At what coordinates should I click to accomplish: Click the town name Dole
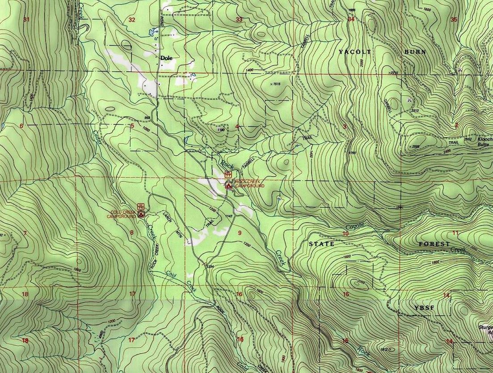click(167, 58)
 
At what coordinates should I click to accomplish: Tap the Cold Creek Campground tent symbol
click(141, 214)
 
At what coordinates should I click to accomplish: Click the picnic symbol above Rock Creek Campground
click(228, 174)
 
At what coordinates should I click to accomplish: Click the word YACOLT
click(354, 52)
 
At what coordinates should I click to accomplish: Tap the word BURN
click(415, 52)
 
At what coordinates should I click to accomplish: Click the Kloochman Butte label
click(484, 142)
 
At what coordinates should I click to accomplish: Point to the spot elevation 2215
click(394, 72)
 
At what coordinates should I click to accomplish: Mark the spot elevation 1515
click(276, 84)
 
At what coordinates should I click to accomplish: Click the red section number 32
click(131, 20)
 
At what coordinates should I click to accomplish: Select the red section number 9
click(240, 232)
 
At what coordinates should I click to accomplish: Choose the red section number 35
click(454, 19)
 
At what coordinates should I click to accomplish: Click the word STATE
click(321, 244)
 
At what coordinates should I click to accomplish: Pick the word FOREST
click(434, 244)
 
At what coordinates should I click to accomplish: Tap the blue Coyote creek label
click(355, 227)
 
